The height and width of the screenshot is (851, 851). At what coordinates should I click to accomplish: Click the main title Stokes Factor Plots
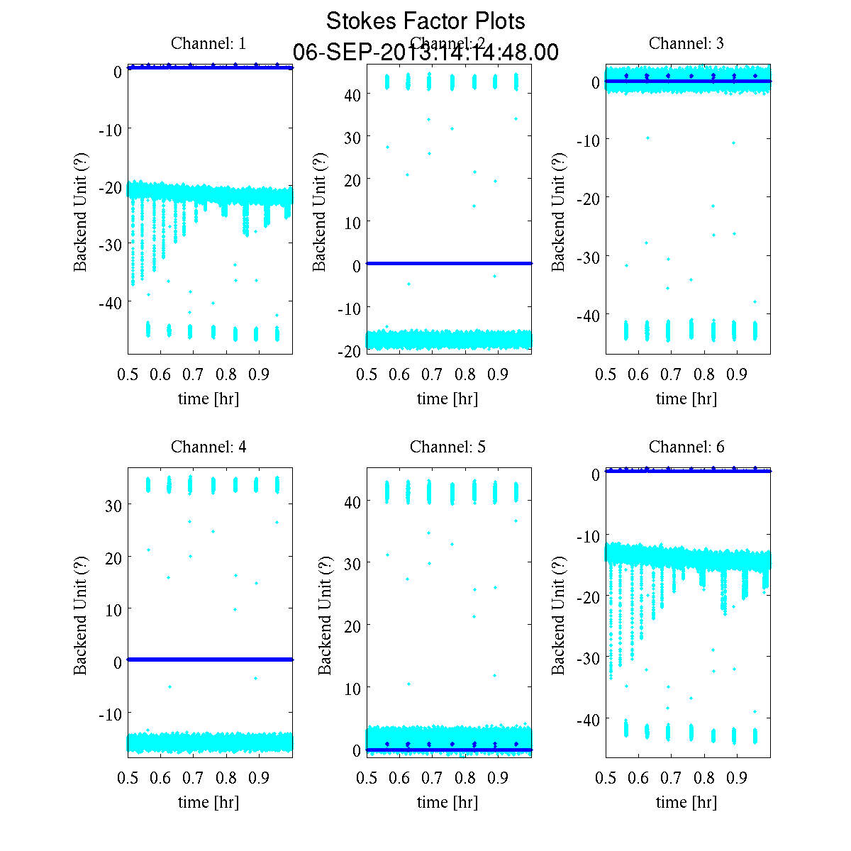425,21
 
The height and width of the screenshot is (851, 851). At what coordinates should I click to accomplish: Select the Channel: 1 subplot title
208,43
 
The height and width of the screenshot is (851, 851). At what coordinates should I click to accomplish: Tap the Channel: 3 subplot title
686,43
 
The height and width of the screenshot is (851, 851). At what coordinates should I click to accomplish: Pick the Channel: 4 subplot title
208,447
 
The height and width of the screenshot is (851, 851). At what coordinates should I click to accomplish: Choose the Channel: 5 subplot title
447,447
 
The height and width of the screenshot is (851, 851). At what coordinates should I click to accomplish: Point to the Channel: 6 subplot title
686,447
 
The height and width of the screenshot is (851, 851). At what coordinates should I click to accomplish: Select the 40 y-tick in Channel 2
352,94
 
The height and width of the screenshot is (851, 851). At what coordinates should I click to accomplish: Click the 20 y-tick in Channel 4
113,557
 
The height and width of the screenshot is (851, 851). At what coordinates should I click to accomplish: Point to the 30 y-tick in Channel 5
352,563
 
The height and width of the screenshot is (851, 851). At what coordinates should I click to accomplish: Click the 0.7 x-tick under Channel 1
193,374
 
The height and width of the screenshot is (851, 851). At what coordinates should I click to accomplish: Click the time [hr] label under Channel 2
447,399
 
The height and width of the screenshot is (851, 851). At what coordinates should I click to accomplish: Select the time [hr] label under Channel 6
686,802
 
